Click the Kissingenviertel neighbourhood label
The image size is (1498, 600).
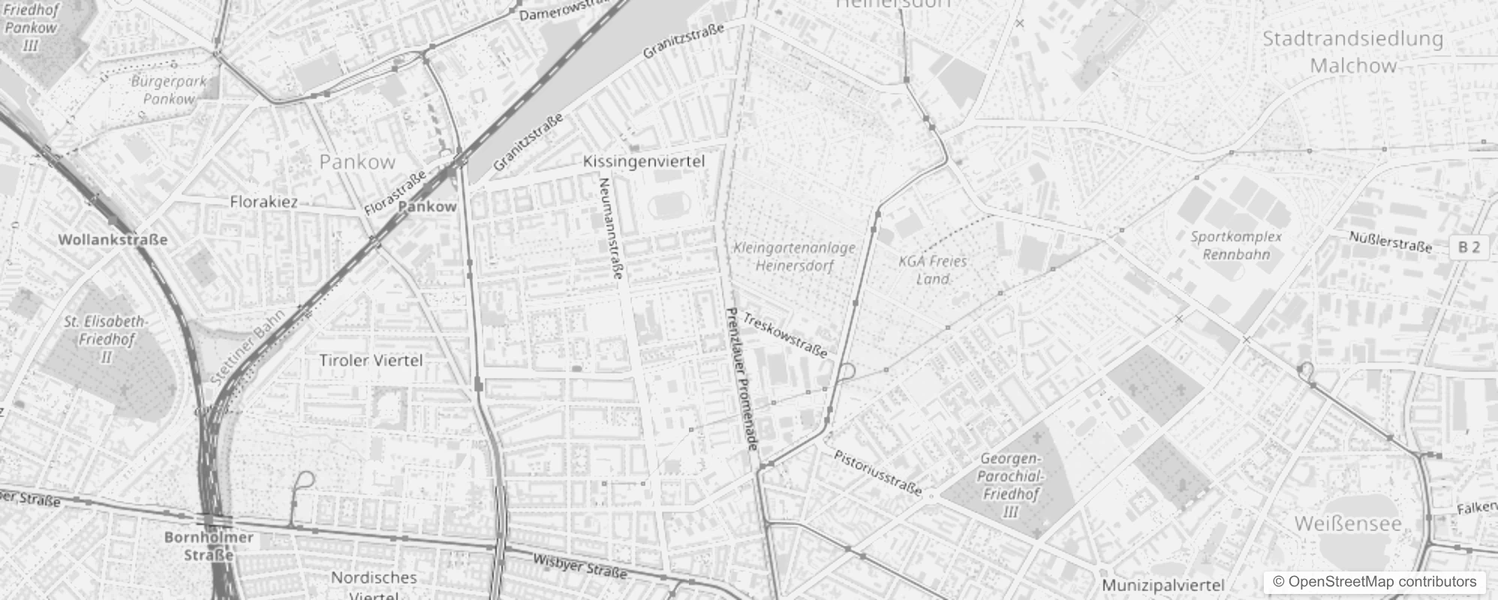coord(644,161)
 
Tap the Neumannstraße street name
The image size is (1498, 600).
coord(611,229)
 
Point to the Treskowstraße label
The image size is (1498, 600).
coord(785,335)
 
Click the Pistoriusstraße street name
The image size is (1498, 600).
coord(877,473)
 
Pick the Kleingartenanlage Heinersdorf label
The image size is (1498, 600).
coord(794,256)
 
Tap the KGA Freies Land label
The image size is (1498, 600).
coord(933,270)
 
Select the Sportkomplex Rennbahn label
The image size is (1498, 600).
coord(1236,245)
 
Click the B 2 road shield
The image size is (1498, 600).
coord(1469,247)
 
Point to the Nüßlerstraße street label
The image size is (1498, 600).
coord(1390,241)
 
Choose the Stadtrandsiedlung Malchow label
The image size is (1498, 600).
coord(1353,52)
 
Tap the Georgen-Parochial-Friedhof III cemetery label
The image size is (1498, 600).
coord(1010,485)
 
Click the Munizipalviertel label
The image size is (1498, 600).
coord(1163,585)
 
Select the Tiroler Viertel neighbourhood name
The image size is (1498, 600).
coord(371,361)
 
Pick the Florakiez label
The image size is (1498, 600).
coord(263,202)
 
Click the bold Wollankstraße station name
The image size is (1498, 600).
coord(113,240)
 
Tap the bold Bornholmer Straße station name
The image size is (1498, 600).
coord(209,546)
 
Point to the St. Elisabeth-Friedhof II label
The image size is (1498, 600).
coord(106,339)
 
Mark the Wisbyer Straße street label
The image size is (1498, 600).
coord(579,566)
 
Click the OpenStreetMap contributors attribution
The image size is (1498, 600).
coord(1374,582)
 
